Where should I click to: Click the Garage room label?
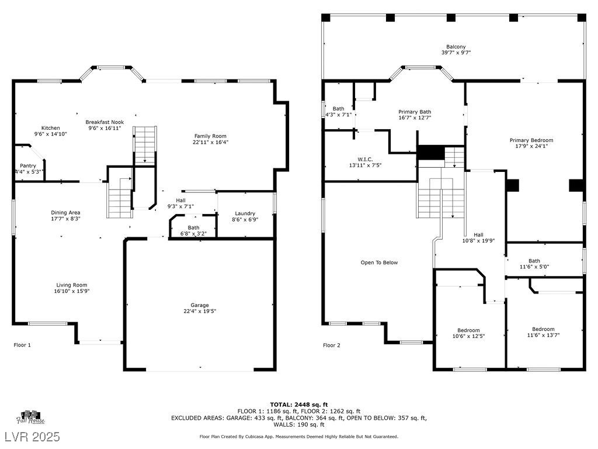[x=200, y=305]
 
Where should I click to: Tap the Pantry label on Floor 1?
[x=28, y=165]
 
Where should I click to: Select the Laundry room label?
[x=245, y=213]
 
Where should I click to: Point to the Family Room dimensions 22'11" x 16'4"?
[x=210, y=142]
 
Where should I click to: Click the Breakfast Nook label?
[x=105, y=122]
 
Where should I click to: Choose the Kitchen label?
[x=50, y=128]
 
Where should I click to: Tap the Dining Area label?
[x=65, y=213]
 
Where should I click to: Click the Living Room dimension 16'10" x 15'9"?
[x=72, y=291]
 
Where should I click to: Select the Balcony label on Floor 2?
[x=456, y=47]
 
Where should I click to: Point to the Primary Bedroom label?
[x=531, y=140]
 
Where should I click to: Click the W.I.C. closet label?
[x=365, y=159]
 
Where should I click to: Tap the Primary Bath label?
[x=415, y=112]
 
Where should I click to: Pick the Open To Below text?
[x=379, y=263]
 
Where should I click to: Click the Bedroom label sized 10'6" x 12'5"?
[x=468, y=330]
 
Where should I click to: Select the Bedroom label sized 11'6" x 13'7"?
[x=543, y=329]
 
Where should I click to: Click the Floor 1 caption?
[x=22, y=345]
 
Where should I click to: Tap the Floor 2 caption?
[x=332, y=346]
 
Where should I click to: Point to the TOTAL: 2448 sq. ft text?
[x=298, y=405]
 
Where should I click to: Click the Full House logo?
[x=30, y=417]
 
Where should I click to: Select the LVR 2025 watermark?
[x=33, y=436]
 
